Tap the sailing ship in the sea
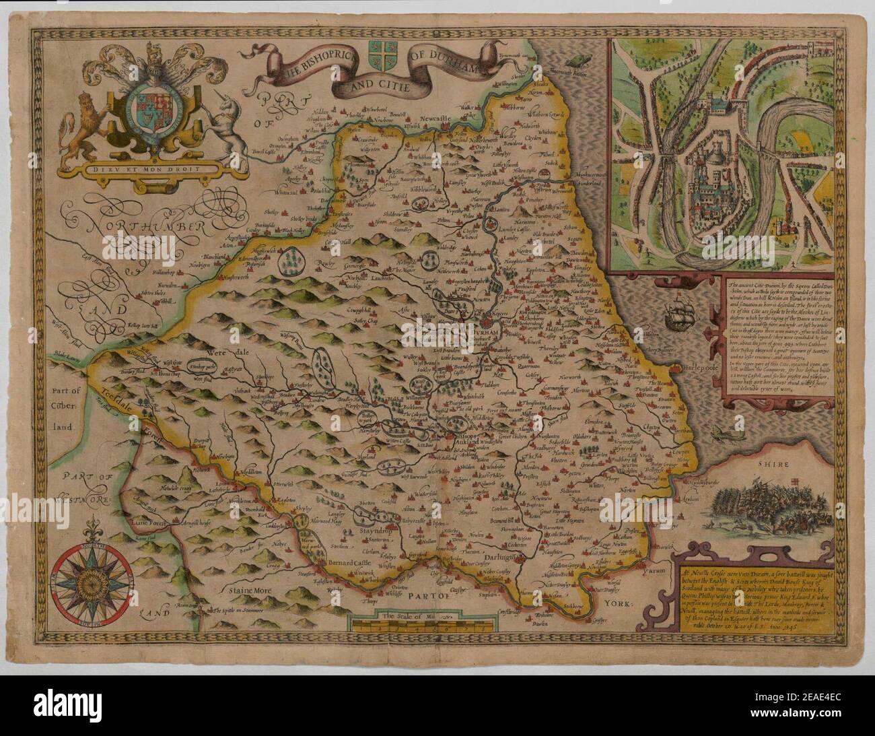tap(675, 314)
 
